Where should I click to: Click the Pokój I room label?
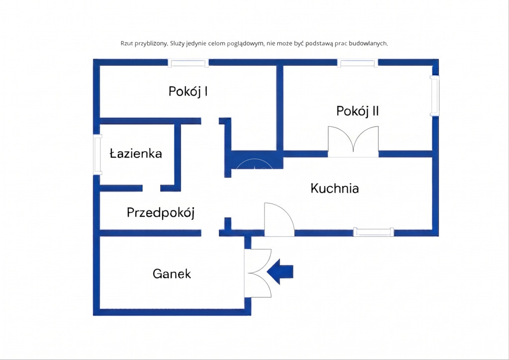(x=188, y=91)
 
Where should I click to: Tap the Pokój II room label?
(x=357, y=111)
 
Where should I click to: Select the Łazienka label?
(x=136, y=153)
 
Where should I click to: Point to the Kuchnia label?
(x=335, y=188)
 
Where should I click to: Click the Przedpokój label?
(x=161, y=213)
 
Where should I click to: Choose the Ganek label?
(x=171, y=273)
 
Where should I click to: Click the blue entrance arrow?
(x=280, y=271)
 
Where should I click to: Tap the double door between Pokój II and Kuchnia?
(x=353, y=142)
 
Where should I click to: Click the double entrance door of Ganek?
(x=258, y=273)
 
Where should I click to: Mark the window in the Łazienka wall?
(x=97, y=155)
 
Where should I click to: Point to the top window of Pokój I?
(x=188, y=63)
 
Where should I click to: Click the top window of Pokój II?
(x=357, y=63)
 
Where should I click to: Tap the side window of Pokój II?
(x=434, y=96)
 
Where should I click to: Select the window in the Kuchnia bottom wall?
(x=373, y=232)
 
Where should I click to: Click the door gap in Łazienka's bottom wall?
(x=151, y=188)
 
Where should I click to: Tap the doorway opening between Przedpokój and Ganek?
(x=210, y=233)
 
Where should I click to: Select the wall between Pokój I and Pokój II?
(x=280, y=108)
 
